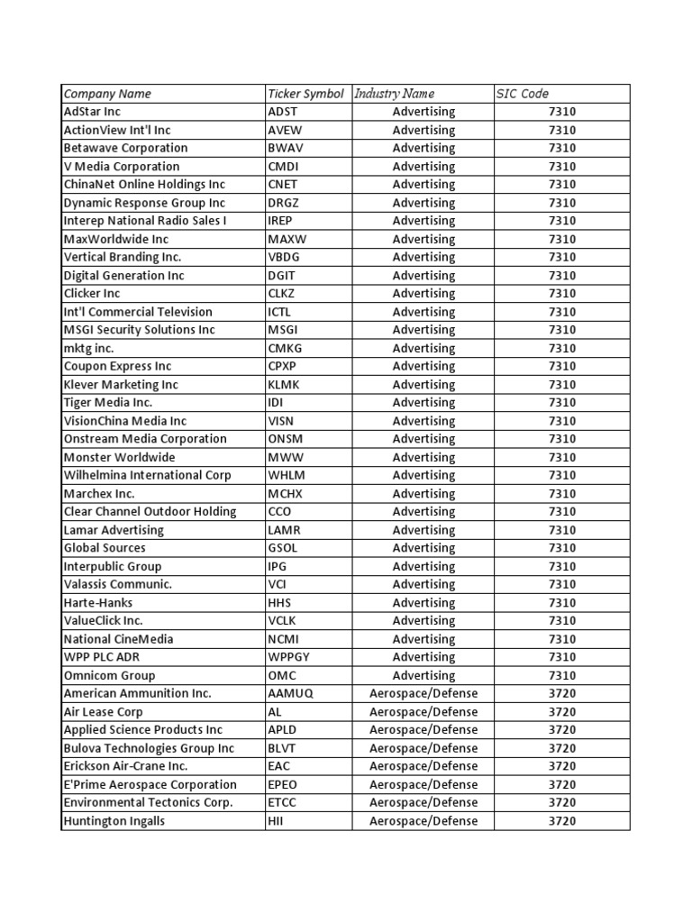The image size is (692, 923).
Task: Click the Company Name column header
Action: [x=107, y=94]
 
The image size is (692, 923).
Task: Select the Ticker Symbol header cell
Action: [x=305, y=94]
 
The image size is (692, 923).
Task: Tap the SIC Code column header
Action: [x=522, y=94]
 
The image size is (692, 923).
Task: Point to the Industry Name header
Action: [x=395, y=94]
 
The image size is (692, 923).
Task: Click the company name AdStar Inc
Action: [x=92, y=112]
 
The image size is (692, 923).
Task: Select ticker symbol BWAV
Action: [x=285, y=148]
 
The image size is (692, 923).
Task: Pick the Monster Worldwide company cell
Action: [x=119, y=457]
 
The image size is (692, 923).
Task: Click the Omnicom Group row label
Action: [x=109, y=675]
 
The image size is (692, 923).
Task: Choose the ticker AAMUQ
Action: [x=290, y=693]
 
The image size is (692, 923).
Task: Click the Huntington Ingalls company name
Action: [x=114, y=821]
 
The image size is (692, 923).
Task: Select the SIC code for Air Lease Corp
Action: [x=561, y=711]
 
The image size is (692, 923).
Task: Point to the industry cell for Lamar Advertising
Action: [x=423, y=530]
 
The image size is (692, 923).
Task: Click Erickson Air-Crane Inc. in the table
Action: [x=125, y=766]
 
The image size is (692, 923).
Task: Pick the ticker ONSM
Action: [x=286, y=439]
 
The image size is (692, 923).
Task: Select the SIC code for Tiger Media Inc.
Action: [x=561, y=403]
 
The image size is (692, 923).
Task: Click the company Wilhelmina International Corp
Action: [x=147, y=475]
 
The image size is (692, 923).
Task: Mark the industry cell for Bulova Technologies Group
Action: [x=423, y=748]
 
